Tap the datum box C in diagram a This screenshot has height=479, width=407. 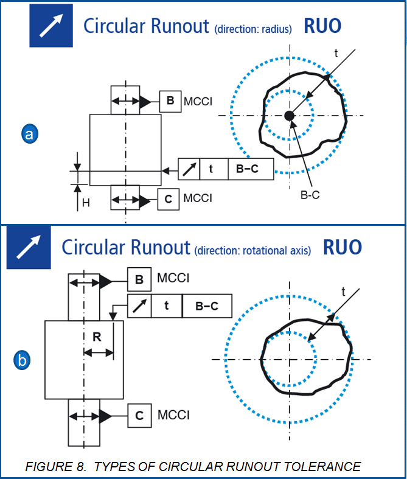pyautogui.click(x=168, y=199)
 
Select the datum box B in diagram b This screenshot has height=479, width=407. pyautogui.click(x=139, y=280)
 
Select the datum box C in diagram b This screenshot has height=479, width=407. pyautogui.click(x=139, y=416)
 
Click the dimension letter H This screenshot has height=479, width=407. pyautogui.click(x=86, y=203)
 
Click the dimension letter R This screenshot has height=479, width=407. pyautogui.click(x=97, y=337)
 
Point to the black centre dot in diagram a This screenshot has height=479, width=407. pyautogui.click(x=290, y=116)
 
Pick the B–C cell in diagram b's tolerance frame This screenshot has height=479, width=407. pyautogui.click(x=207, y=306)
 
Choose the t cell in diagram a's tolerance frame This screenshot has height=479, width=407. pyautogui.click(x=210, y=169)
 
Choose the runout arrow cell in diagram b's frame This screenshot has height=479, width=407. pyautogui.click(x=139, y=306)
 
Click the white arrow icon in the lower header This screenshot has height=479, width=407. pyautogui.click(x=29, y=248)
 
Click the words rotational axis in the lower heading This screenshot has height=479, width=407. pyautogui.click(x=277, y=250)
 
